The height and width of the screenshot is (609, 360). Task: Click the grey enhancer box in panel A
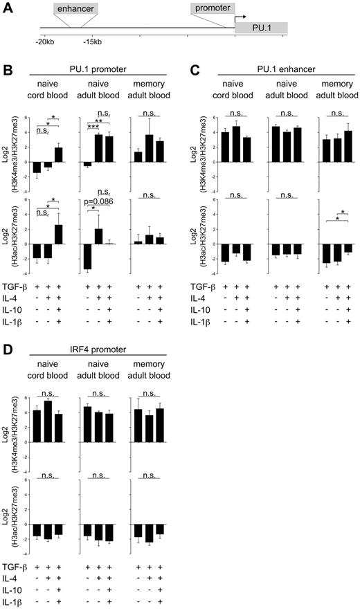coord(75,9)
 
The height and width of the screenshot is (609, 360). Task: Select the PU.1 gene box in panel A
coord(261,28)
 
